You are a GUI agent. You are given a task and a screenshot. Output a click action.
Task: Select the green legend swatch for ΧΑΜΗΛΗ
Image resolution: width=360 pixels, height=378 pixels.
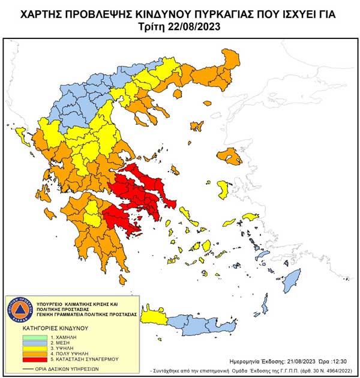[x=17, y=337]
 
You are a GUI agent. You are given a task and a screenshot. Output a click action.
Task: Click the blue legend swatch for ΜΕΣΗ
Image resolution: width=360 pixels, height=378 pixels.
[x=17, y=343]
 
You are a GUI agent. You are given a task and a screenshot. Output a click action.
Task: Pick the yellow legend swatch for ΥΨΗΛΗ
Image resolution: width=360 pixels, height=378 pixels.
[x=17, y=348]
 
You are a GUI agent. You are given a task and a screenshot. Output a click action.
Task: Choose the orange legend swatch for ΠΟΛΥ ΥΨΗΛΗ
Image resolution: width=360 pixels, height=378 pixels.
[x=17, y=353]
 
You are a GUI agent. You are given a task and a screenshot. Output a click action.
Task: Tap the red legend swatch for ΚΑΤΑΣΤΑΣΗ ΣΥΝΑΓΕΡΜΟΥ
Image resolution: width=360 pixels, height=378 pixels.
[x=17, y=359]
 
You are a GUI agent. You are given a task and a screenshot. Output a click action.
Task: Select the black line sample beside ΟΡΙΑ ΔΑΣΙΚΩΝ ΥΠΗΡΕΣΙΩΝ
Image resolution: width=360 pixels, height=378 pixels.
[x=17, y=368]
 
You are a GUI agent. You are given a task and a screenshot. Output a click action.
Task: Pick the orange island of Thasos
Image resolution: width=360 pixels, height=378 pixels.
[x=196, y=126]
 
